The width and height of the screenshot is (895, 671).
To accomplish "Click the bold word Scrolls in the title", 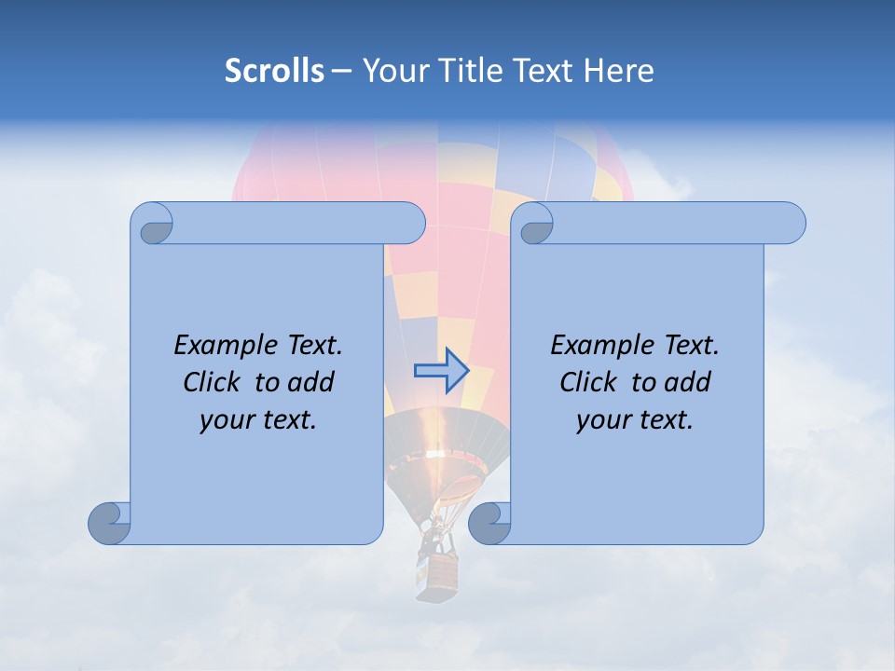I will click(x=274, y=71).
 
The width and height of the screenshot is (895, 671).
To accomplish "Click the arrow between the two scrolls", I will click(x=440, y=371).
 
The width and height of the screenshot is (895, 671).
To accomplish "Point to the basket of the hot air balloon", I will click(x=438, y=570).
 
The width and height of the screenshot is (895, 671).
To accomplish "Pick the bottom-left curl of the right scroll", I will click(x=490, y=523).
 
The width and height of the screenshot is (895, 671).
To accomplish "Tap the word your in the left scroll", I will click(x=225, y=421).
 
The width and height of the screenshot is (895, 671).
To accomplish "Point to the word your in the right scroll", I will click(x=601, y=421).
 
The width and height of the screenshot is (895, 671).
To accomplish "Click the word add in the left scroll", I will click(x=311, y=382).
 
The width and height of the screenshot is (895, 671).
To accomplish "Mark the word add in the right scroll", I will click(x=688, y=382).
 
